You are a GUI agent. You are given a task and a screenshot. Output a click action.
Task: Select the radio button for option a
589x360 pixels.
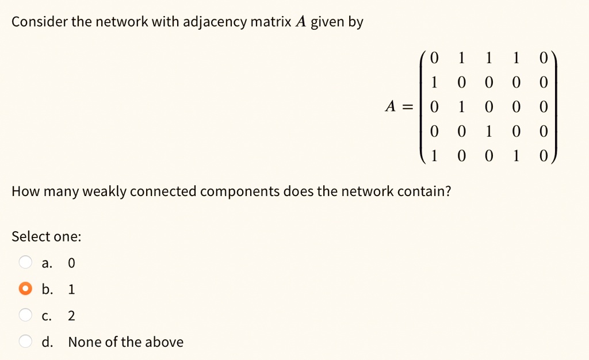tap(25, 262)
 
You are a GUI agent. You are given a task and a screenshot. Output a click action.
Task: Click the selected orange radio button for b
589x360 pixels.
tap(25, 288)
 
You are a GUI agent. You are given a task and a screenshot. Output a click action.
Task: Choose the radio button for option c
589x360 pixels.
tap(25, 315)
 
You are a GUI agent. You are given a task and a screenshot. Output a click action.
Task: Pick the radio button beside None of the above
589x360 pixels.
tap(25, 341)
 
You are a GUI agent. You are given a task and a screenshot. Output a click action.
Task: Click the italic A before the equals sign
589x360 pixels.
tap(391, 106)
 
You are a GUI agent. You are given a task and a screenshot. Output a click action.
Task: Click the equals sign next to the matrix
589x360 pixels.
tap(408, 108)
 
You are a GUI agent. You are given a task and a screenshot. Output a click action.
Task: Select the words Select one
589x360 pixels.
tap(46, 236)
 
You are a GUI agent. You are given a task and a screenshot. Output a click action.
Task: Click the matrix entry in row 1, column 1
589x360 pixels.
tap(434, 58)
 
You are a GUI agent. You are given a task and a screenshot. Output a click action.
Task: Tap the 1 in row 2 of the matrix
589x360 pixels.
tap(434, 83)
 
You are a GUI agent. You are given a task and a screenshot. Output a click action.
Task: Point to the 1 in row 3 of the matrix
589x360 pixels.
tap(461, 107)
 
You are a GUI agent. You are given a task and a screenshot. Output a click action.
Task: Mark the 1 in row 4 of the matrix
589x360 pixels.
tap(489, 131)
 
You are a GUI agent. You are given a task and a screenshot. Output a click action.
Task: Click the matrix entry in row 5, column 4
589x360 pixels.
tap(516, 155)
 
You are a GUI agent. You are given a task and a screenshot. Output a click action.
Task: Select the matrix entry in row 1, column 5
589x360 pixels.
tap(544, 58)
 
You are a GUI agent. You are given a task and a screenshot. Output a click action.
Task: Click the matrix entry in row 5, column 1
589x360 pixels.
tap(434, 155)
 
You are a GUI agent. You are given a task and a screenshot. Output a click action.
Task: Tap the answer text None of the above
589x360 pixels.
tap(126, 342)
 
